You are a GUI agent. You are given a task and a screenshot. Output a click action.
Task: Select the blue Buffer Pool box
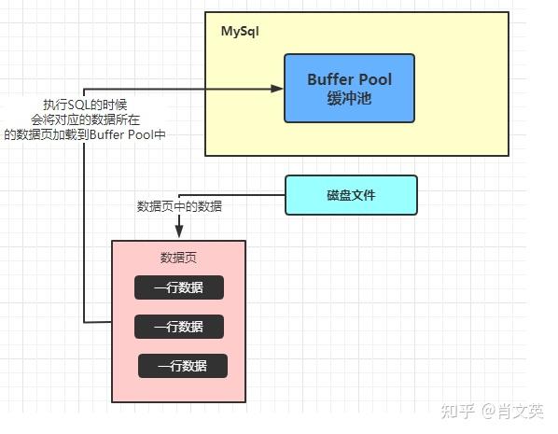click(x=349, y=89)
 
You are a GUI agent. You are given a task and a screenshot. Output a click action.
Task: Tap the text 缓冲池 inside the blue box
click(x=350, y=97)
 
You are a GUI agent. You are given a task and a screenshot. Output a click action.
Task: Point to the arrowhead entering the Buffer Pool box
click(x=278, y=89)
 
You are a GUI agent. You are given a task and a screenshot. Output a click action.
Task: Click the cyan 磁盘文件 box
click(x=351, y=195)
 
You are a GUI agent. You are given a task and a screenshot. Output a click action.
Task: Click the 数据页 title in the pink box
click(x=178, y=257)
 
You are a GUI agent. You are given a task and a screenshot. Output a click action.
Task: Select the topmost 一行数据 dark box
click(x=179, y=287)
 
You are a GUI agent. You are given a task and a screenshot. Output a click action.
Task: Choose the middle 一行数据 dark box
click(x=179, y=327)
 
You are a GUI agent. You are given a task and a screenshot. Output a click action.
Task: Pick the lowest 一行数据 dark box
click(x=184, y=365)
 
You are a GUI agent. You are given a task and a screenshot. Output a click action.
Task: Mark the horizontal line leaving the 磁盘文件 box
click(x=252, y=195)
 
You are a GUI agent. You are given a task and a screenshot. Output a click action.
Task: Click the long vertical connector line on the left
click(x=84, y=233)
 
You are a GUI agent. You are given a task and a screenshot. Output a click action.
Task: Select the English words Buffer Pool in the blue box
click(x=350, y=79)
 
